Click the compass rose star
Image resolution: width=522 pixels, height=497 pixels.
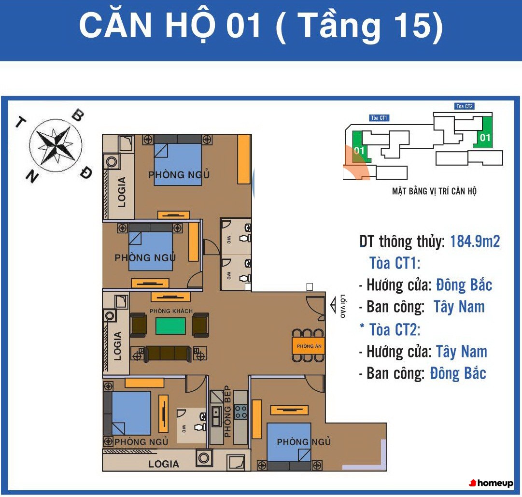pyautogui.click(x=55, y=145)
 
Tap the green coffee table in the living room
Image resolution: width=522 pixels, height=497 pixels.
pyautogui.click(x=171, y=326)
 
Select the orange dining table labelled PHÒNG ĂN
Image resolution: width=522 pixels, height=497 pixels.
pyautogui.click(x=309, y=346)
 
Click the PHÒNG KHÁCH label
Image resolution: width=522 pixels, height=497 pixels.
pyautogui.click(x=171, y=311)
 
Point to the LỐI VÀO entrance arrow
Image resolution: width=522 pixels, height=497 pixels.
pyautogui.click(x=333, y=306)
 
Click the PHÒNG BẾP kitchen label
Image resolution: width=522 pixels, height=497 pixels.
pyautogui.click(x=227, y=412)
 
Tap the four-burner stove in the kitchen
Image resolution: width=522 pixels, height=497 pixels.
pyautogui.click(x=240, y=412)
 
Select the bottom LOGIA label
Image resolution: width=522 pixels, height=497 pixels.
pyautogui.click(x=164, y=464)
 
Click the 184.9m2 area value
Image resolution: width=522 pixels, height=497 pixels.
pyautogui.click(x=475, y=241)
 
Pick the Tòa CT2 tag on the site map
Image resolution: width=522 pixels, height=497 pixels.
pyautogui.click(x=465, y=106)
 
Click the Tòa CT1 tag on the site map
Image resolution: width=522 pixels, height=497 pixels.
pyautogui.click(x=379, y=118)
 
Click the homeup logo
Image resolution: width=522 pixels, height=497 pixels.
pyautogui.click(x=491, y=483)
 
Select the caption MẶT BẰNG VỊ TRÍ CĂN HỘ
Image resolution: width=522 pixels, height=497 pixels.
pyautogui.click(x=434, y=191)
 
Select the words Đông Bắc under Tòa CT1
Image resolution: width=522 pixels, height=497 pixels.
pyautogui.click(x=464, y=285)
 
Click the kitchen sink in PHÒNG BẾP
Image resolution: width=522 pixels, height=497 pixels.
pyautogui.click(x=216, y=416)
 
